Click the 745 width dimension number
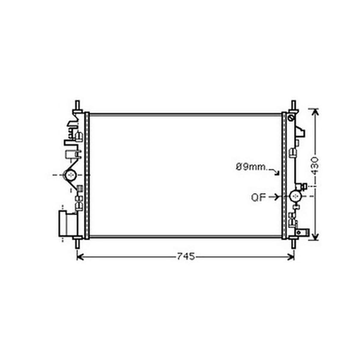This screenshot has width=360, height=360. click(186, 256)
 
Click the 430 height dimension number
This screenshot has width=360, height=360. click(315, 166)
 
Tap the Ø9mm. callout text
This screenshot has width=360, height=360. click(252, 167)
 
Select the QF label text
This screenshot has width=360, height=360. click(258, 197)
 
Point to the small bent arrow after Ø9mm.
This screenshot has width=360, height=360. click(275, 171)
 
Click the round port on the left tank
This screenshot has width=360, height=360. click(71, 175)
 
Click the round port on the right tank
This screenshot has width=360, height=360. click(295, 196)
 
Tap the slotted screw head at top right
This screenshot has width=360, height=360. click(291, 118)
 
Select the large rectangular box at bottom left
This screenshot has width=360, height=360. click(68, 224)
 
